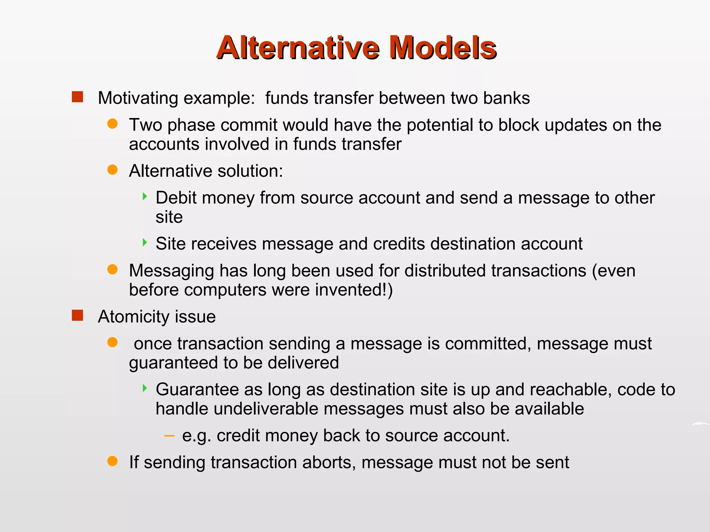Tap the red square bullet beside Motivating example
(77, 97)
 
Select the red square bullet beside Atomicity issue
(77, 316)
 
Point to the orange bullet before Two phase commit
(112, 124)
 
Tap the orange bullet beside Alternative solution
(112, 170)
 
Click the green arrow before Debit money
(145, 197)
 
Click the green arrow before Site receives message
(145, 242)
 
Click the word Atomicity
(133, 317)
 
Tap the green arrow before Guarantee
(145, 388)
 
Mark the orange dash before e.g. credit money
(169, 435)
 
